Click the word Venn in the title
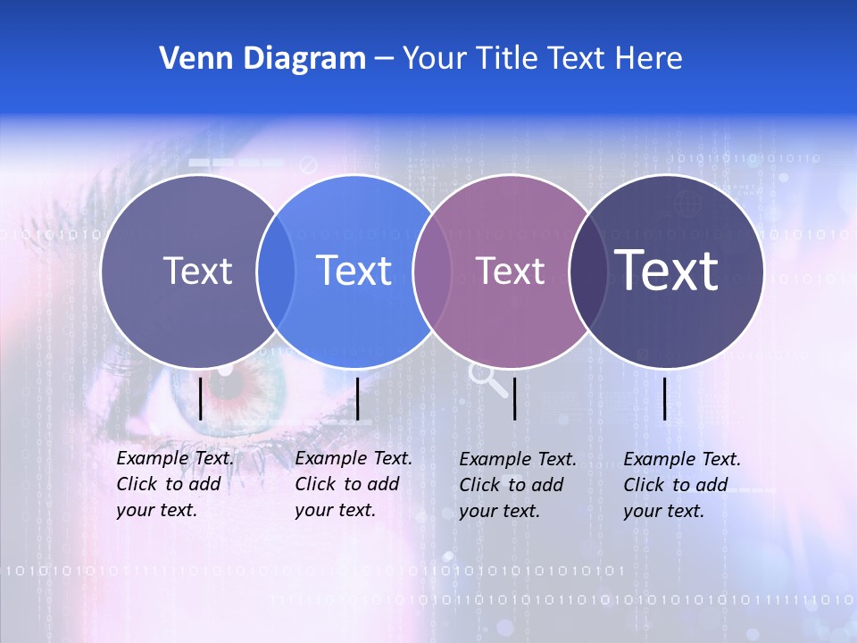(188, 58)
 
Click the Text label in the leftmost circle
(197, 271)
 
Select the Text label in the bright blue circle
(354, 271)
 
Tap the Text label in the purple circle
(510, 271)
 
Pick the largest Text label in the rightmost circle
(666, 269)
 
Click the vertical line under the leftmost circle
(200, 398)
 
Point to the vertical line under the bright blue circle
(357, 398)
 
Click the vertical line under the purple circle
(515, 398)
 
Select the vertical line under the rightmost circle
(664, 398)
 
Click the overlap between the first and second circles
(276, 271)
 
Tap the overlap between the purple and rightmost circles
(588, 271)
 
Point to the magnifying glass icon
(487, 379)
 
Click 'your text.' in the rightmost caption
(663, 511)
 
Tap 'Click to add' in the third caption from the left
(511, 485)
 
